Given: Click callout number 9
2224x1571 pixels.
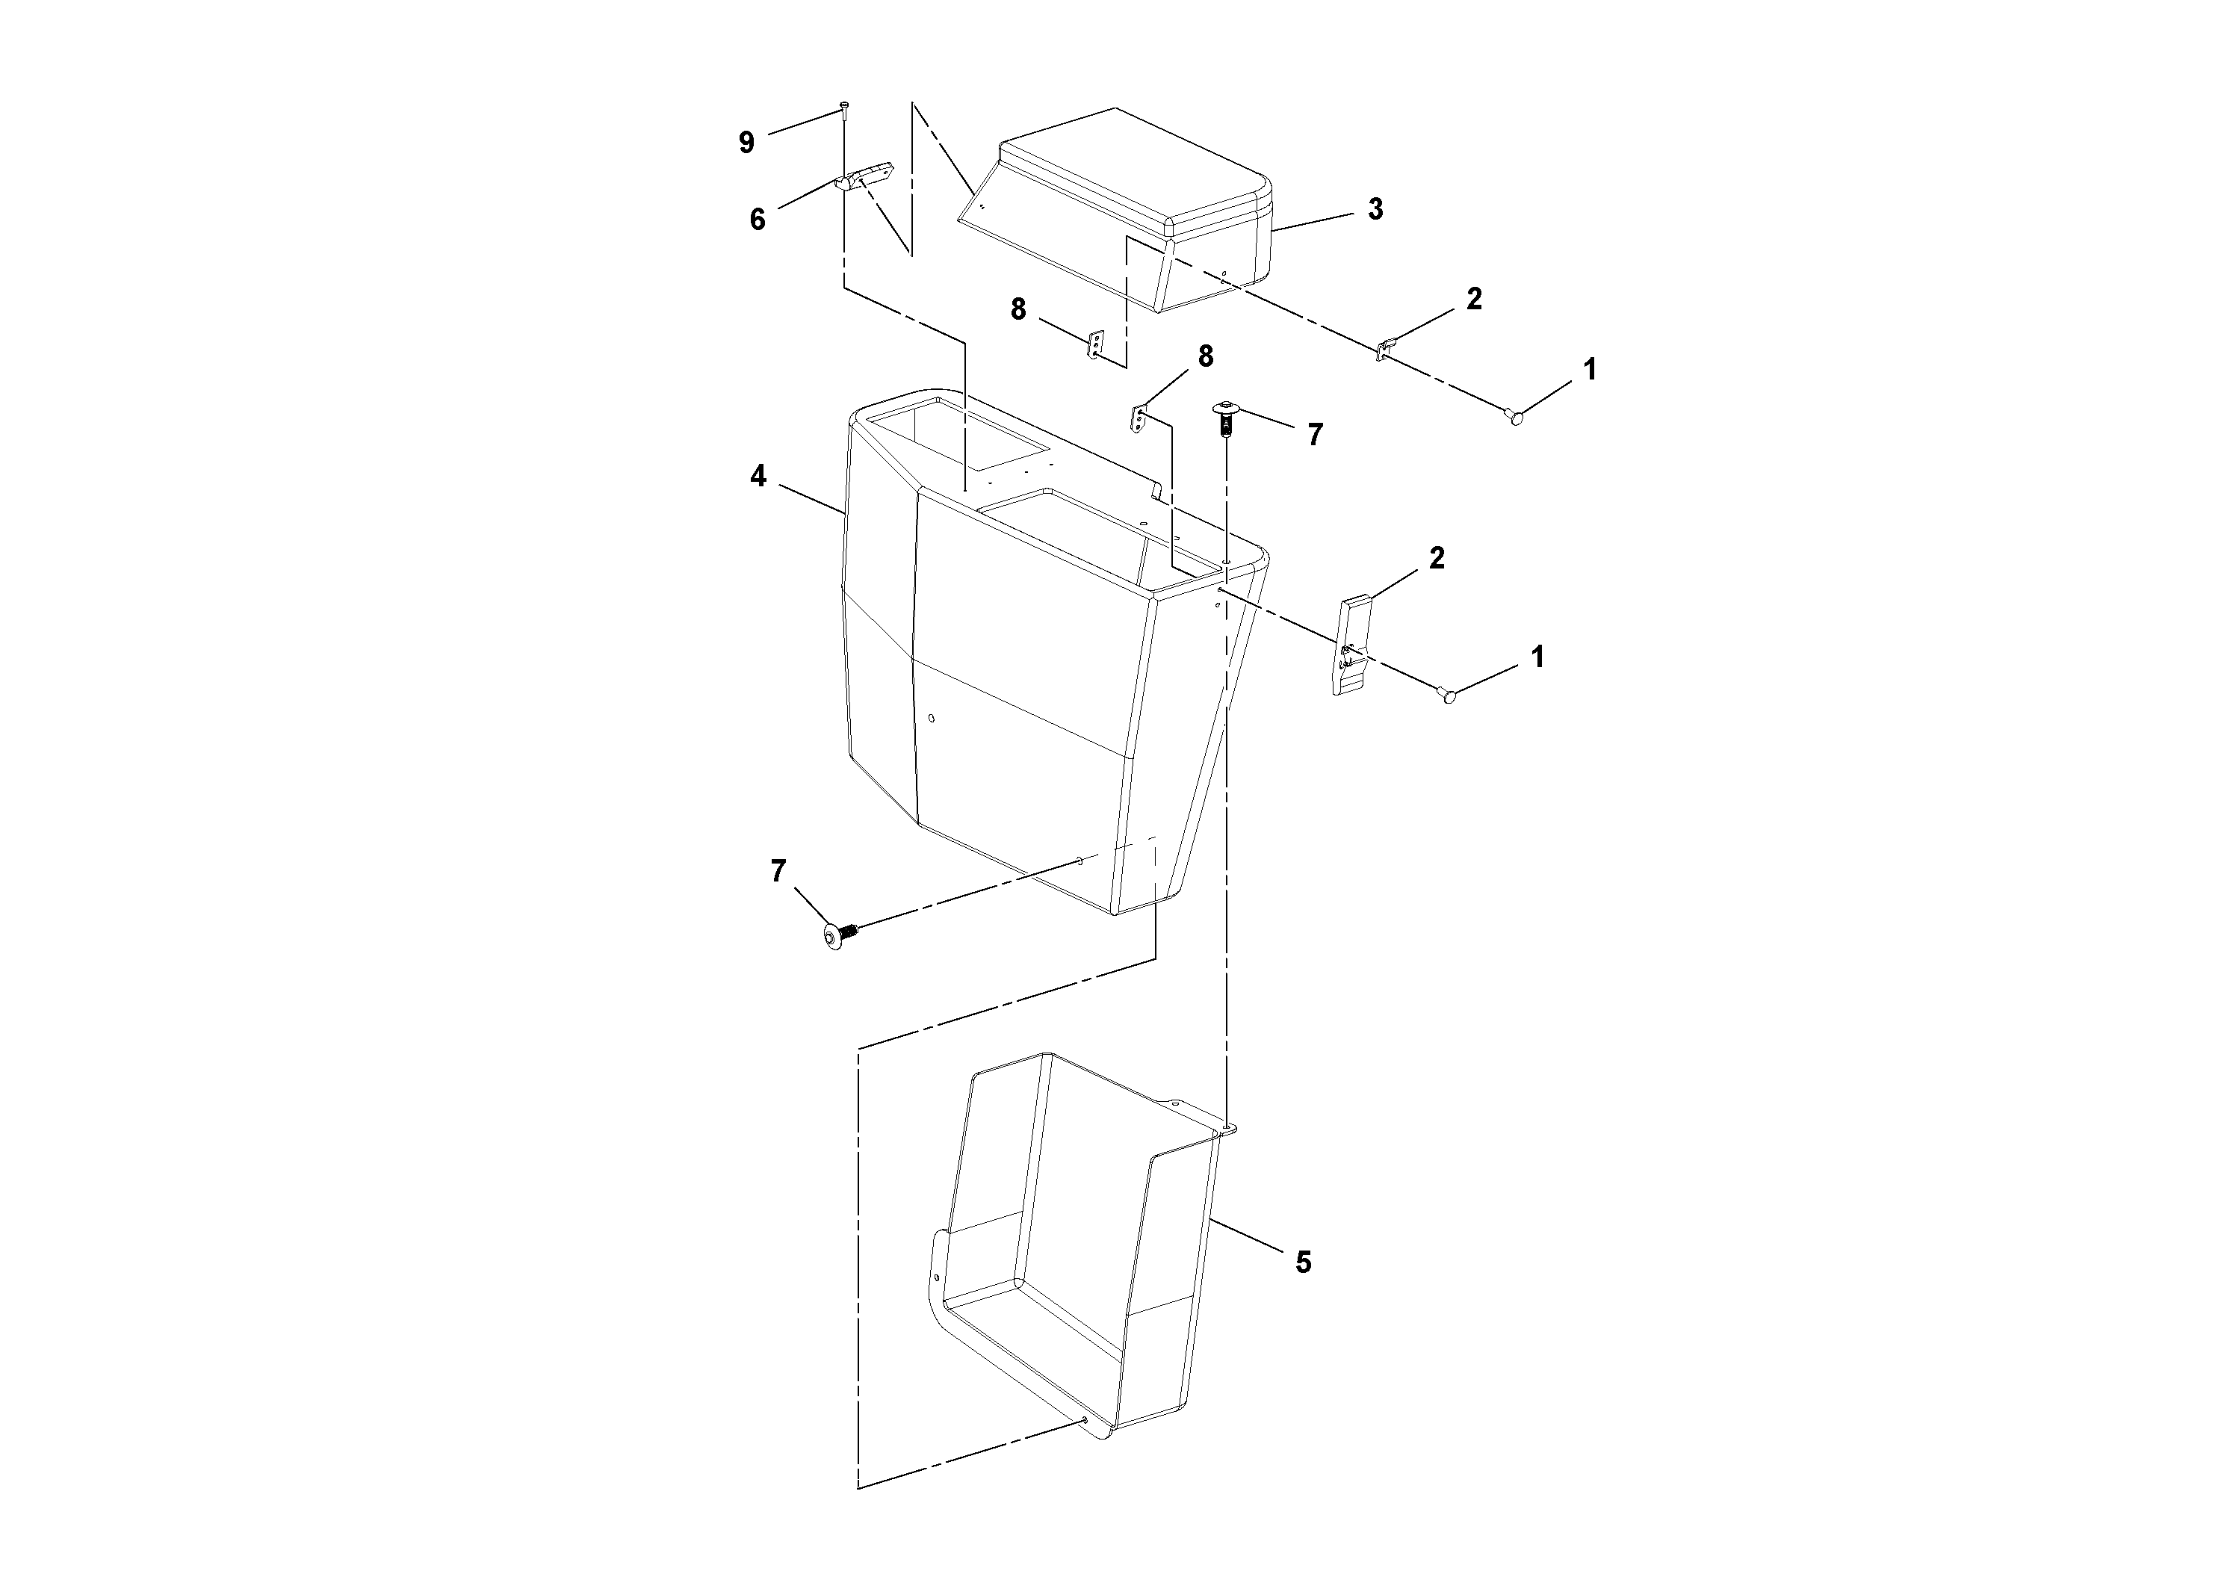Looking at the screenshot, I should (x=746, y=143).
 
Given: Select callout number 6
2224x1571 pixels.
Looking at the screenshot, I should (x=758, y=220).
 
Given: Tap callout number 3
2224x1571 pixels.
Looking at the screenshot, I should (x=1375, y=209).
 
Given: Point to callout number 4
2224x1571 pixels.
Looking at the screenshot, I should (x=758, y=477).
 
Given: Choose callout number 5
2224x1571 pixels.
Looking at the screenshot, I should (x=1304, y=1262).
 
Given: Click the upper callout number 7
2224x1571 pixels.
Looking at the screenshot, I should (x=1314, y=435).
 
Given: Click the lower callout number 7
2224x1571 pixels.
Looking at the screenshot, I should (x=778, y=872).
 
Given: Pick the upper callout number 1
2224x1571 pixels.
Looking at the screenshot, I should (x=1590, y=369).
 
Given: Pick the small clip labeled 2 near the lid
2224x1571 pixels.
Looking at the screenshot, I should (x=1386, y=347).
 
